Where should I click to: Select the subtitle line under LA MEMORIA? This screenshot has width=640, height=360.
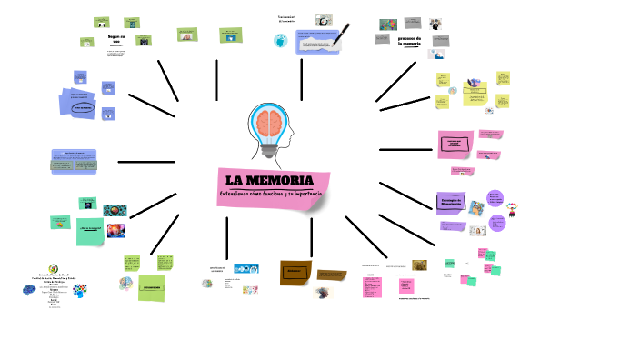pos(270,195)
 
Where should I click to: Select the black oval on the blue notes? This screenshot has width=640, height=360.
pos(84,107)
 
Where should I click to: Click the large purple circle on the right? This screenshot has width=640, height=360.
pos(496,222)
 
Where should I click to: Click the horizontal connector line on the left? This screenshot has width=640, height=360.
pos(145,162)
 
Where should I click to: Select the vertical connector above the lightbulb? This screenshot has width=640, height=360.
pos(301,79)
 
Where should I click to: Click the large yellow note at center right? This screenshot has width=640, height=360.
pos(474,94)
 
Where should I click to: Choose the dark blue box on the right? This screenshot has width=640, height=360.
pos(452,202)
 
